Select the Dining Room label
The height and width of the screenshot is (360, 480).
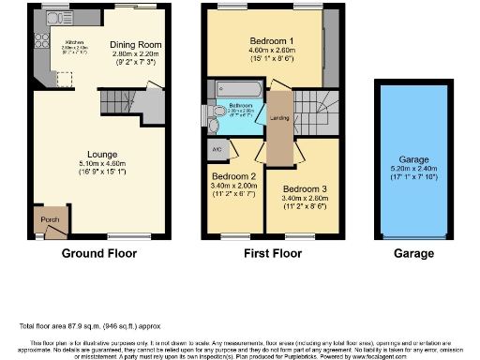pyautogui.click(x=136, y=44)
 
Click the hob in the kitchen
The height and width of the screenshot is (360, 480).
pyautogui.click(x=42, y=40)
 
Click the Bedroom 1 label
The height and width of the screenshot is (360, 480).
pyautogui.click(x=272, y=41)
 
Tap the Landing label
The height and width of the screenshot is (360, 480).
pyautogui.click(x=278, y=118)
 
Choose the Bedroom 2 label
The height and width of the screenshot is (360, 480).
pyautogui.click(x=233, y=176)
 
